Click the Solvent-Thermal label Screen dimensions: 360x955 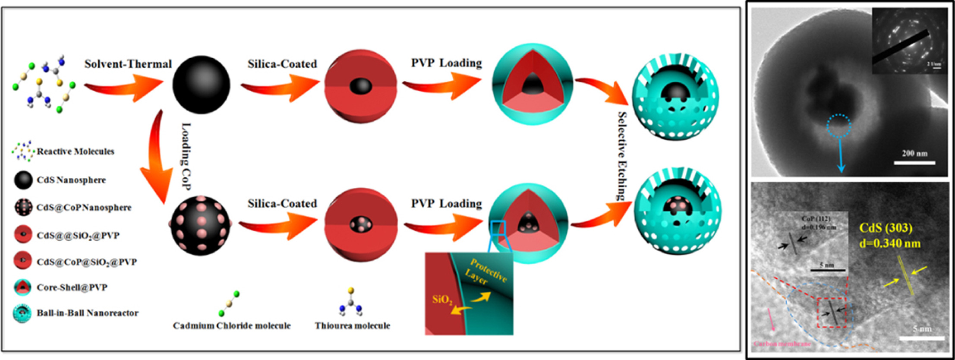[x=128, y=64]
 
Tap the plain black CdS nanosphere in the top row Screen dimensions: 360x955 [x=201, y=85]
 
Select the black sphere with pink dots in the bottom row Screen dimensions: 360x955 [x=201, y=225]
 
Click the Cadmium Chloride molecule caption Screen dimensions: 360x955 [x=232, y=326]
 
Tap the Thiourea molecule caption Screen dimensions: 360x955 [x=352, y=326]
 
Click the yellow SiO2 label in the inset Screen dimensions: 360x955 [x=442, y=300]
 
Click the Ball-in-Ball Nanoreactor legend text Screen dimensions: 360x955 [x=88, y=313]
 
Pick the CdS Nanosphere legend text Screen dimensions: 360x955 [x=71, y=180]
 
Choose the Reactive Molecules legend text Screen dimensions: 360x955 [x=76, y=152]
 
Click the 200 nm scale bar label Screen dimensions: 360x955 [x=914, y=153]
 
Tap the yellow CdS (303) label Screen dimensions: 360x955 [x=886, y=228]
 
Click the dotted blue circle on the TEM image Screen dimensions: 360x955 [x=838, y=126]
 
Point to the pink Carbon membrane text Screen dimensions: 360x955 [x=782, y=344]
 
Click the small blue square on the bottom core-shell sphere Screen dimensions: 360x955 [x=498, y=227]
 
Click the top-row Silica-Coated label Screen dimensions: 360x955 [x=282, y=64]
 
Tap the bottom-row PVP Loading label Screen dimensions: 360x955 [x=446, y=203]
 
